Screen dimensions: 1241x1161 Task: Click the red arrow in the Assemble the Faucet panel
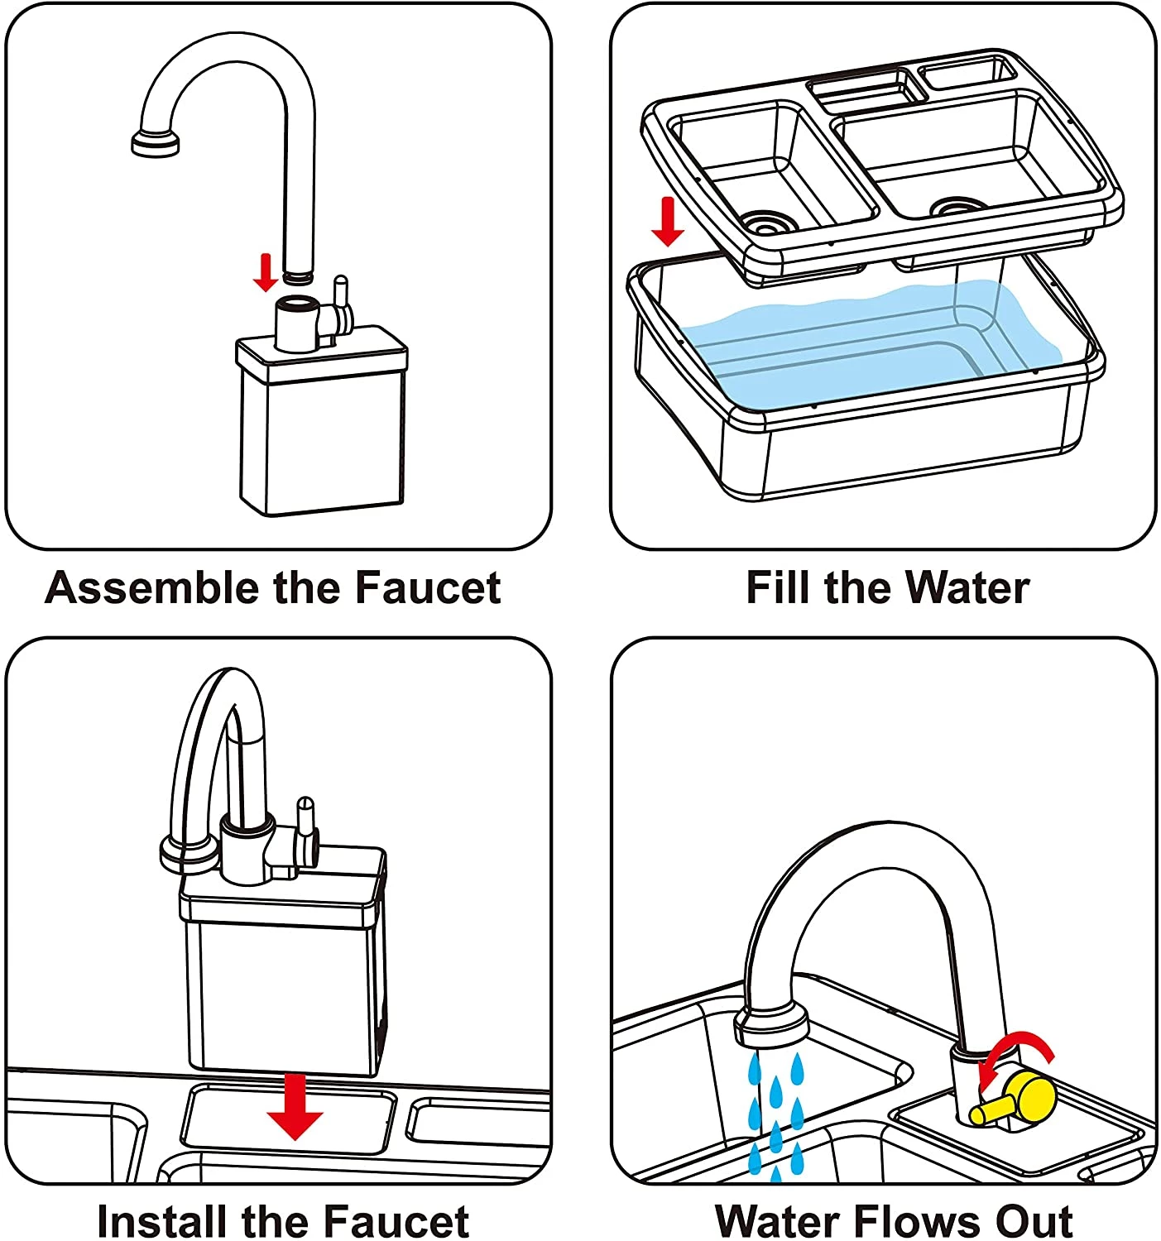pyautogui.click(x=265, y=273)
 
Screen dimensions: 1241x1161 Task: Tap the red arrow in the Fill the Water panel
pyautogui.click(x=668, y=222)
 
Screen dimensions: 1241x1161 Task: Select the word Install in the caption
pyautogui.click(x=163, y=1221)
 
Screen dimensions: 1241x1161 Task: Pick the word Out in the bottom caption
pyautogui.click(x=1034, y=1221)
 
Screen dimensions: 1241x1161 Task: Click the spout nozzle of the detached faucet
pyautogui.click(x=156, y=143)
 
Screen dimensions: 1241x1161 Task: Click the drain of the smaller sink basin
pyautogui.click(x=766, y=222)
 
